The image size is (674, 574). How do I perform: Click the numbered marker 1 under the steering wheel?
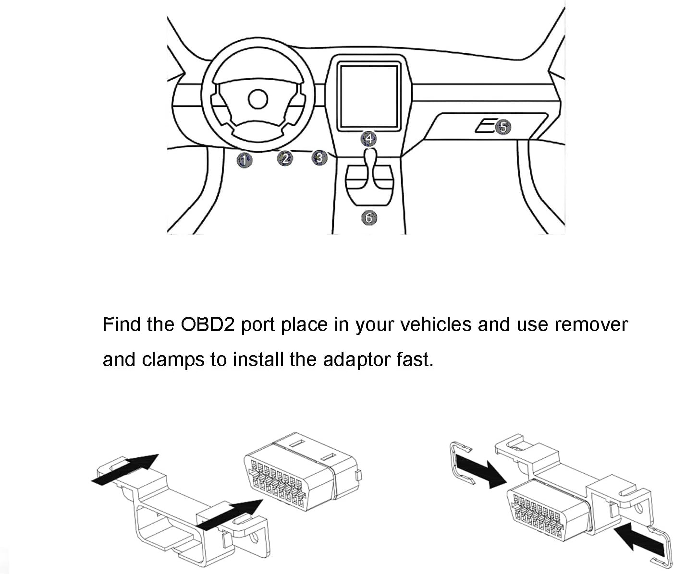245,160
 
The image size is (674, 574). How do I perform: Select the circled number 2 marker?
285,158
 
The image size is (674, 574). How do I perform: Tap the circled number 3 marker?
320,157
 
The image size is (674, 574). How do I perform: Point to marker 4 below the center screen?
369,139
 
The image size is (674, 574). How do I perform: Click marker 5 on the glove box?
502,127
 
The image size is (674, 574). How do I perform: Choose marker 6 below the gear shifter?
369,217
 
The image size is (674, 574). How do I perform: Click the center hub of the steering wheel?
257,99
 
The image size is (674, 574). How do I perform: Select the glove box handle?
485,127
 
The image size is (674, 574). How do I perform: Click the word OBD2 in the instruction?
208,325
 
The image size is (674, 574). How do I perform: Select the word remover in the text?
591,325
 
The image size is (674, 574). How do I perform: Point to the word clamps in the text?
173,359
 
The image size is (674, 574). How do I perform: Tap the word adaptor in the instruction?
357,359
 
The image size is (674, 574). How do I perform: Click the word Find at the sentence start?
122,325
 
